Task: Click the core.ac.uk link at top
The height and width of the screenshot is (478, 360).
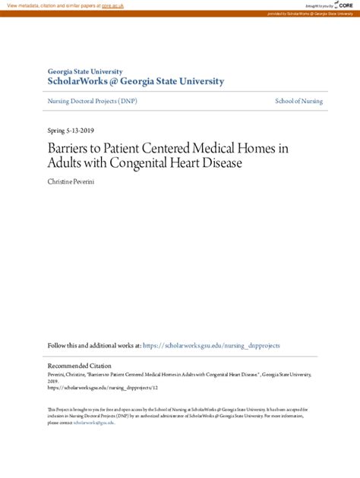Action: [113, 5]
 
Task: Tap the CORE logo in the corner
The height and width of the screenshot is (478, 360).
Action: [345, 5]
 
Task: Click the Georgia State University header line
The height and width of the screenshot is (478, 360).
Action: [85, 71]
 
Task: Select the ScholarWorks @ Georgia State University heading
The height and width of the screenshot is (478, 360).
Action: [136, 82]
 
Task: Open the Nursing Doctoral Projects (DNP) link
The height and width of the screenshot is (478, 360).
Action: [93, 101]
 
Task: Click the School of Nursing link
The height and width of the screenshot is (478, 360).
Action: [298, 101]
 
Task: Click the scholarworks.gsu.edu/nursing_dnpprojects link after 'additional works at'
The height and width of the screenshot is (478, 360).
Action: [211, 345]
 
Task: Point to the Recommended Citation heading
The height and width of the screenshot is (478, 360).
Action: [80, 365]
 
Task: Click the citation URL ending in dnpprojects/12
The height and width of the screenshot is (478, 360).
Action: [103, 386]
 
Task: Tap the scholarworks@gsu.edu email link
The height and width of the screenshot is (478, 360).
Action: [93, 423]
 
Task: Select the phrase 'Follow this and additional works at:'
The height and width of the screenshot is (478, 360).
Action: [94, 345]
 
